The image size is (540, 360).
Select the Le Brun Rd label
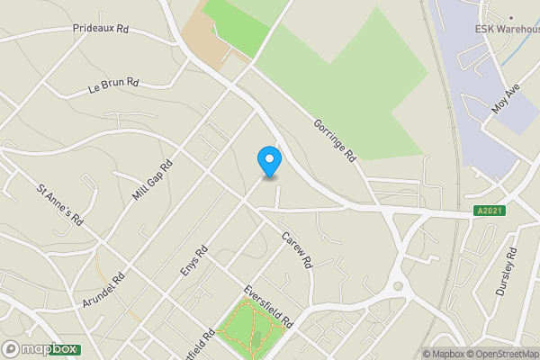tap(113, 85)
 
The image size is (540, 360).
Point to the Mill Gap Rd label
tap(154, 181)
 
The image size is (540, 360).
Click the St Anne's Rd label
tap(60, 206)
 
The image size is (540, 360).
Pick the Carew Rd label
tap(296, 251)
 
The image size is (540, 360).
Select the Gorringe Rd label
tap(335, 139)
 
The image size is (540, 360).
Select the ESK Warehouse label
tap(508, 29)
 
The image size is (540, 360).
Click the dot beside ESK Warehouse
tap(510, 16)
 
